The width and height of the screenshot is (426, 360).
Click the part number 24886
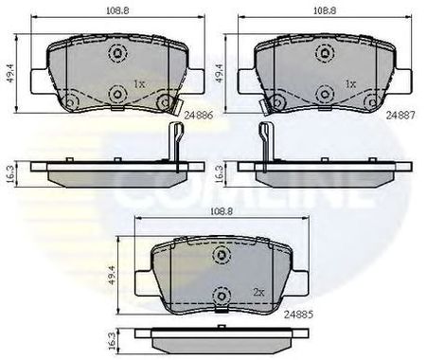199,116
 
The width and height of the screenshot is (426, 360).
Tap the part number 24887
400,116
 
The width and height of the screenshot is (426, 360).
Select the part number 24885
298,315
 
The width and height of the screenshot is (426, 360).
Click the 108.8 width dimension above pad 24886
117,10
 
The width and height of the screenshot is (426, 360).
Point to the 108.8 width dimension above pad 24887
325,10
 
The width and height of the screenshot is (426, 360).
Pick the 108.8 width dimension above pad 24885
222,212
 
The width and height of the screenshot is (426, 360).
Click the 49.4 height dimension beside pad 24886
11,73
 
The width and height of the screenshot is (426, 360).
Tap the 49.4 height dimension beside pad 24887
219,73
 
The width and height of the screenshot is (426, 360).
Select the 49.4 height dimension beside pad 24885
113,276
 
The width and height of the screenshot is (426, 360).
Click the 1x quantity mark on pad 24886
139,84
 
